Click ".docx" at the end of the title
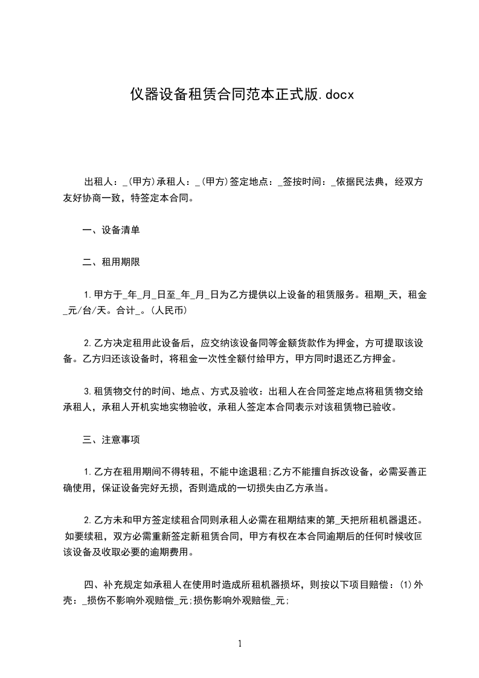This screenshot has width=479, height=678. pos(336,94)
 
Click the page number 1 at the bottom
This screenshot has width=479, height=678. pos(240,643)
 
